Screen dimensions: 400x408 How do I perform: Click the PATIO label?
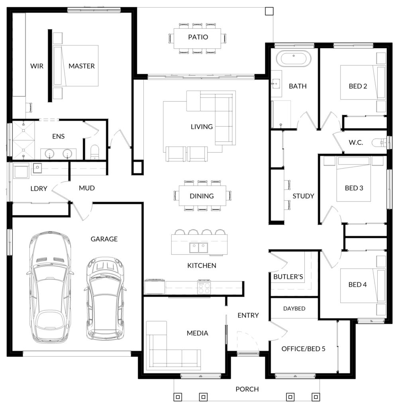click(198, 37)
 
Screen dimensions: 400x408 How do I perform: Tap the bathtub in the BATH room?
click(294, 57)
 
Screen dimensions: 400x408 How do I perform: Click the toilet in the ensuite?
click(94, 152)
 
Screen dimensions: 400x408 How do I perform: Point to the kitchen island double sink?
click(198, 248)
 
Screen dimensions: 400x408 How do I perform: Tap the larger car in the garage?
click(49, 287)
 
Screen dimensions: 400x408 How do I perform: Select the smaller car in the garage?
click(105, 298)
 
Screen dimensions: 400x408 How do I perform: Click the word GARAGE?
click(104, 239)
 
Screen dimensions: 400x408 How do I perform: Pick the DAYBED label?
click(294, 309)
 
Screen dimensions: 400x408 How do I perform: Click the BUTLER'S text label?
click(288, 277)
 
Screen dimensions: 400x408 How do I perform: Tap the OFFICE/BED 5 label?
click(304, 349)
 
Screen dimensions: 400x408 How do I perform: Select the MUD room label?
click(87, 188)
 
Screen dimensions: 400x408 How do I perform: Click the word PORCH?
click(247, 389)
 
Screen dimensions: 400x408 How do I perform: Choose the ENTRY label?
click(248, 316)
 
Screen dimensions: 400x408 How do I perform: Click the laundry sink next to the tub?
click(37, 167)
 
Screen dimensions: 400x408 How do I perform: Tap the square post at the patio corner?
click(269, 11)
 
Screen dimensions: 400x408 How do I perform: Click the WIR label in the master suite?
click(37, 66)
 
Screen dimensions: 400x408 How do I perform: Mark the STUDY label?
click(303, 196)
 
